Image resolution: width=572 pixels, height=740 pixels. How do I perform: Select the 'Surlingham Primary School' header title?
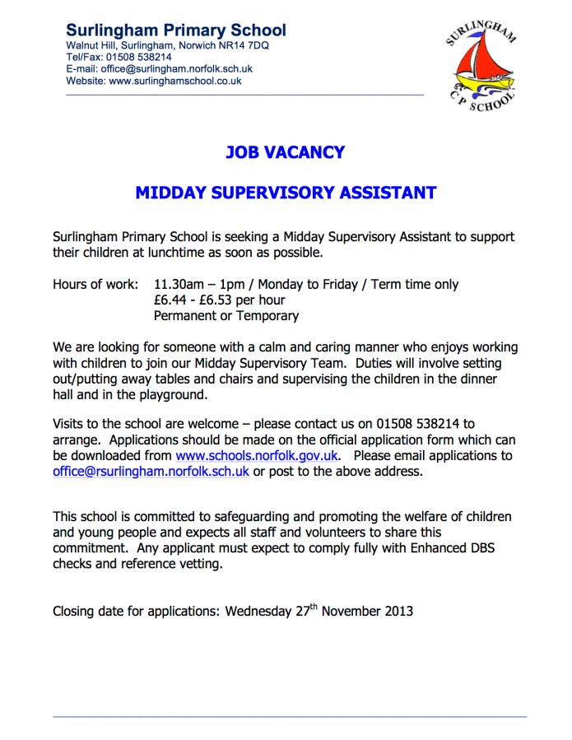[x=176, y=30]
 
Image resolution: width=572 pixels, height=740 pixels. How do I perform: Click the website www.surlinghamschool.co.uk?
[x=175, y=81]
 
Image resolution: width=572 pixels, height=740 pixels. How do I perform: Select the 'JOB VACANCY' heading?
[x=285, y=152]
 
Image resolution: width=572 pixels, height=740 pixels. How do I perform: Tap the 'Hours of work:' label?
[x=95, y=285]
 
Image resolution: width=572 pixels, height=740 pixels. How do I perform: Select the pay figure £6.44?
[x=171, y=300]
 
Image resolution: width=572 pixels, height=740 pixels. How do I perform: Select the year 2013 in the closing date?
[x=397, y=612]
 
